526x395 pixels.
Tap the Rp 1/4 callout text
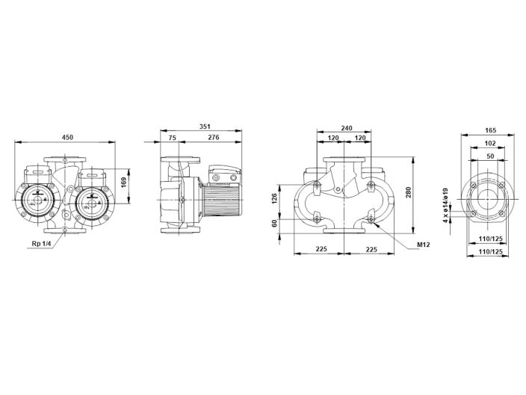[x=43, y=243]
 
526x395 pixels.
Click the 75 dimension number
[x=173, y=138]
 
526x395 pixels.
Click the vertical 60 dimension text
[x=274, y=223]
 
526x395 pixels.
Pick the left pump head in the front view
[x=35, y=200]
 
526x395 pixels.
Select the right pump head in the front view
[x=94, y=201]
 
